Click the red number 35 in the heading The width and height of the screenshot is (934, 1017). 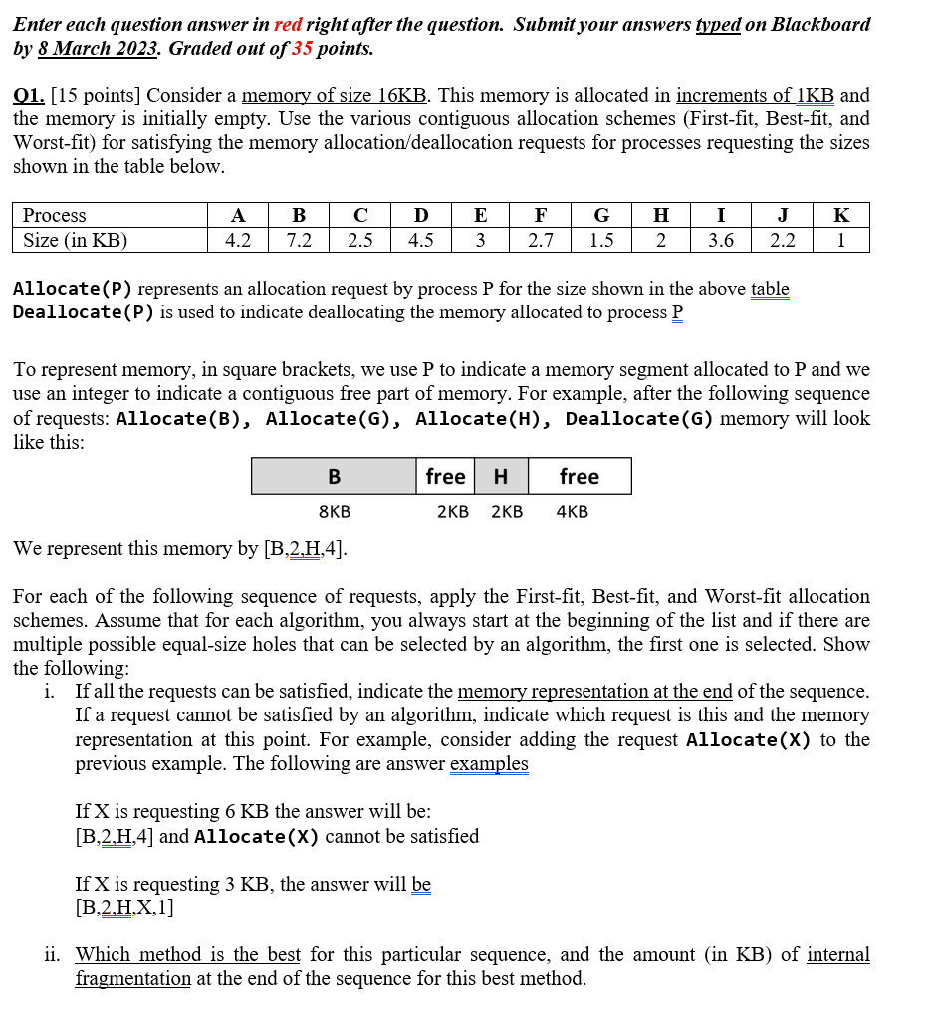tap(304, 48)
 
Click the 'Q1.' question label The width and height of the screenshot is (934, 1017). tap(29, 96)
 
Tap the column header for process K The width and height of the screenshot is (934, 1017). tap(841, 215)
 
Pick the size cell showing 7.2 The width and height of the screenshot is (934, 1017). tap(299, 240)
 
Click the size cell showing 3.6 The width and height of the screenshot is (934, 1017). tap(720, 240)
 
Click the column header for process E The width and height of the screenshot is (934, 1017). tap(480, 215)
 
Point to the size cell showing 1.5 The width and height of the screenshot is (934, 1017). tap(601, 240)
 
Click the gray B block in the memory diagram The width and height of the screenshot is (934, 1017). tap(334, 477)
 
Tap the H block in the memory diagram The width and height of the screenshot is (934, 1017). tap(501, 477)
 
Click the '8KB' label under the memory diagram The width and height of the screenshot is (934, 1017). tap(334, 512)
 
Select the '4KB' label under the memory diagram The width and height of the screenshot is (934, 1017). tap(572, 512)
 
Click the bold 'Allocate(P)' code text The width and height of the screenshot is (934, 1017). tap(73, 289)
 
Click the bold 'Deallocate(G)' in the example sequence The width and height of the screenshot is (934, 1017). tap(639, 418)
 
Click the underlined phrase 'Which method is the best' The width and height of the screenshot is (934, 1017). tap(188, 955)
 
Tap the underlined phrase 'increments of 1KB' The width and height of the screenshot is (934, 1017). tap(754, 96)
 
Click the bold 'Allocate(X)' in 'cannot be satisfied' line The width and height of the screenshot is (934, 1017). tap(257, 836)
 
